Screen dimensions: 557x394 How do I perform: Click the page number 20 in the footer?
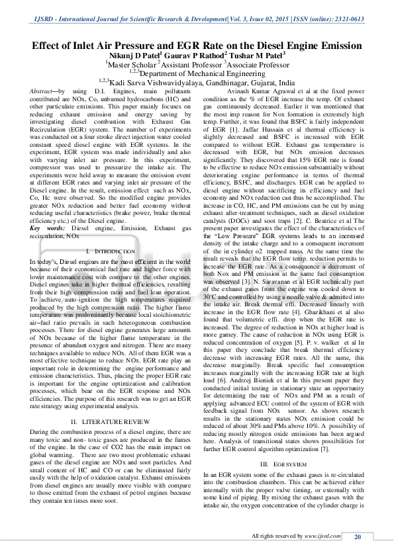click(357, 536)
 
